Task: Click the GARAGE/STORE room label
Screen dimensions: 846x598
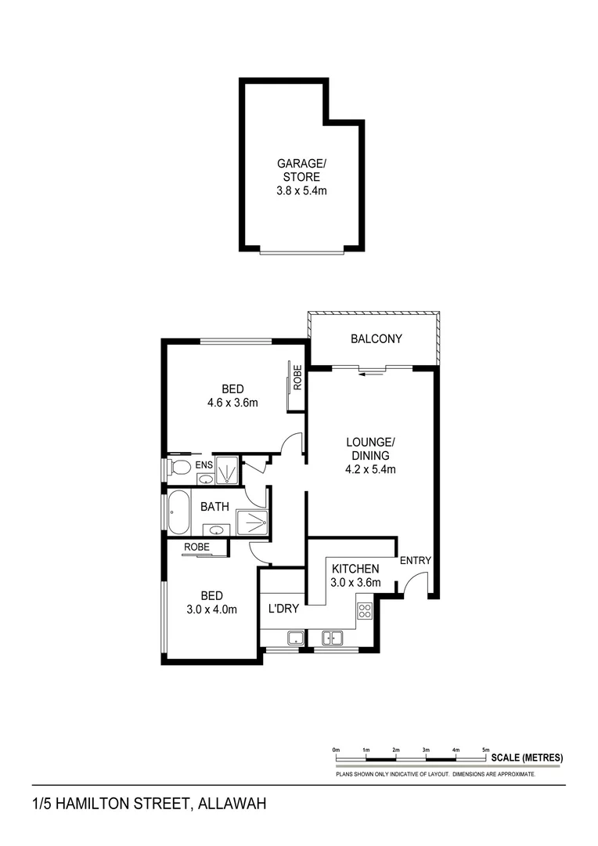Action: point(301,170)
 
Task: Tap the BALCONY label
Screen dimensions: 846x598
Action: point(376,339)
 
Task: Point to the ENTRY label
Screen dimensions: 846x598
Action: point(415,561)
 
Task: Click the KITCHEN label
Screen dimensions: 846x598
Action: point(355,569)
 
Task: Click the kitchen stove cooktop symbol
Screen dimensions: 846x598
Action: point(365,611)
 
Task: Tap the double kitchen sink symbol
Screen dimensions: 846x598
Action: point(333,638)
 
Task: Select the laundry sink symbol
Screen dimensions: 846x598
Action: point(295,638)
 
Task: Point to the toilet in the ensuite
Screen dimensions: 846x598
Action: point(179,468)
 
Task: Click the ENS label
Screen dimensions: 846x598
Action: point(204,465)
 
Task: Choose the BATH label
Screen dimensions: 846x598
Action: point(214,507)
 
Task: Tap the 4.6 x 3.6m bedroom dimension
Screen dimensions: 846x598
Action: point(232,403)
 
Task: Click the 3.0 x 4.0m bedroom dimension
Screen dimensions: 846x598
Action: point(211,609)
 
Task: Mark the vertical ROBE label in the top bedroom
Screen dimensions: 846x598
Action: point(297,378)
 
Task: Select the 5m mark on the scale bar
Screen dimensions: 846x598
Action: point(485,750)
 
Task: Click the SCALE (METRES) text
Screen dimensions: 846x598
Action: point(527,757)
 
